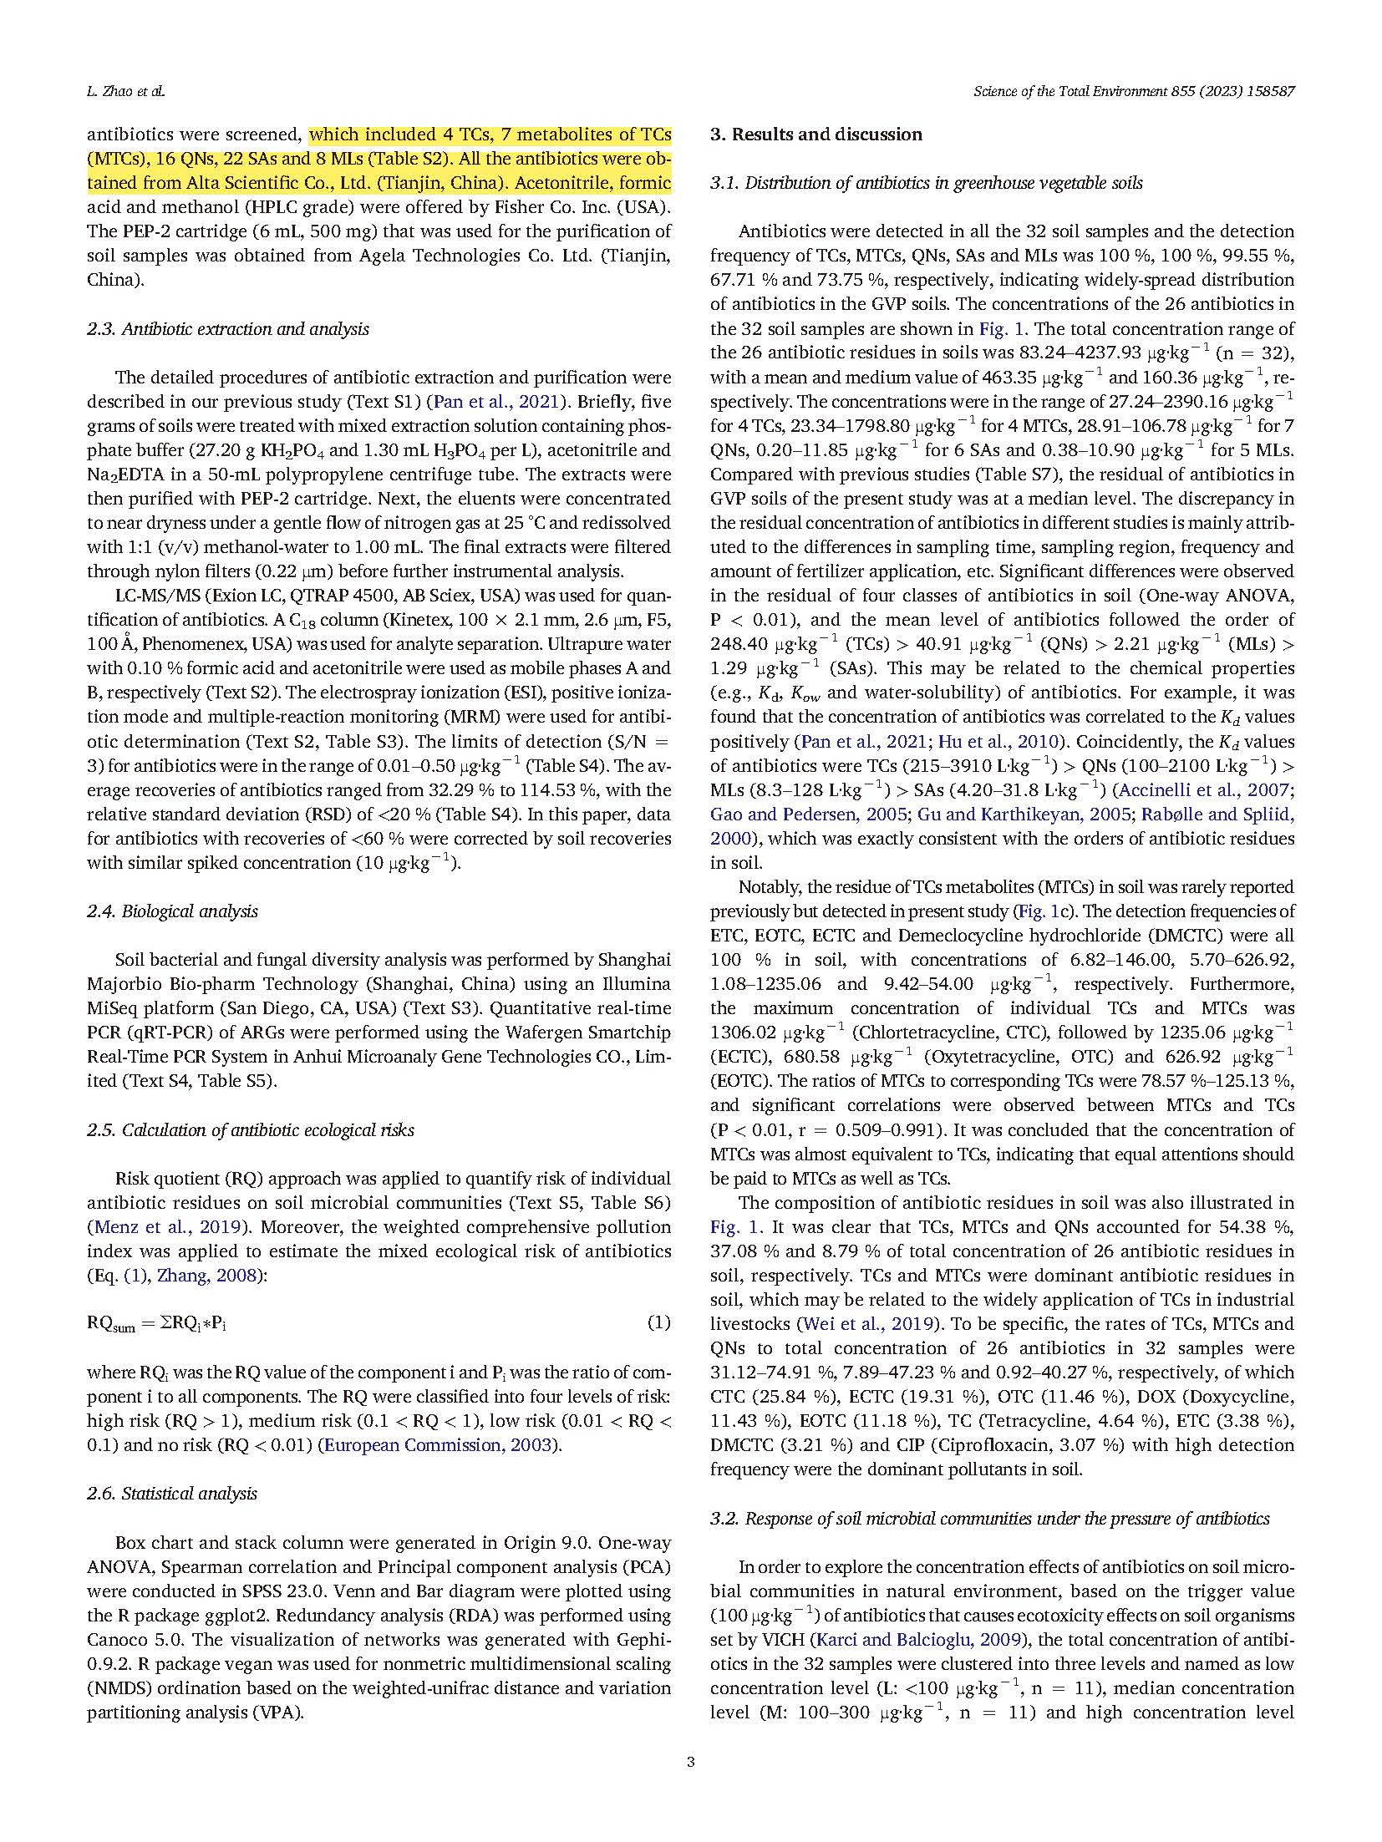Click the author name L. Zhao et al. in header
click(x=126, y=92)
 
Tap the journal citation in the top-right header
click(x=1134, y=92)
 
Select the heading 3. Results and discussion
click(x=816, y=134)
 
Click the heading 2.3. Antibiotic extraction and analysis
click(x=228, y=329)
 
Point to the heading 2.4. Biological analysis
click(x=172, y=911)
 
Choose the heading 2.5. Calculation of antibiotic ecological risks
click(x=251, y=1130)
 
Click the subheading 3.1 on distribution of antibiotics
click(x=926, y=183)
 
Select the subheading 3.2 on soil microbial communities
click(x=989, y=1519)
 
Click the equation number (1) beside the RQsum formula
click(x=659, y=1322)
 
